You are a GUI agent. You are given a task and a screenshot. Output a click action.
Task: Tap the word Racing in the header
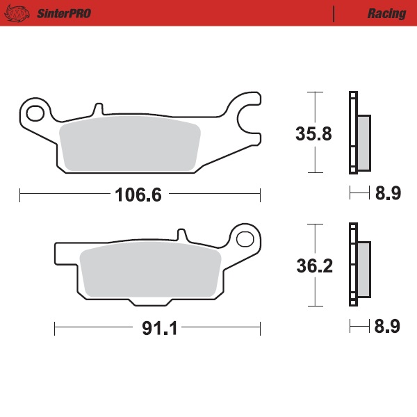point(386,13)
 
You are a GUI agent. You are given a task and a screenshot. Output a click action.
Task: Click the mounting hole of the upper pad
point(36,111)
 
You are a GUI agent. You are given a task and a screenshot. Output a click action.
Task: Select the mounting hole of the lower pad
point(244,240)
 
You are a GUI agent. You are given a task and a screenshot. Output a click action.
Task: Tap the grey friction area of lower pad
point(150,272)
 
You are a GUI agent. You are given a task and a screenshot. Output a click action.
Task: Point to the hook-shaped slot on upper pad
point(245,118)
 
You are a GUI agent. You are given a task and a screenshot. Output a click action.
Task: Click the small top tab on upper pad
point(98,110)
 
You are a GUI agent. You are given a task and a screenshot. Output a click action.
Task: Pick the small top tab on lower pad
point(182,236)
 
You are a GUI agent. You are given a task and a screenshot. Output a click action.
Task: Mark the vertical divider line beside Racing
point(334,13)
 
